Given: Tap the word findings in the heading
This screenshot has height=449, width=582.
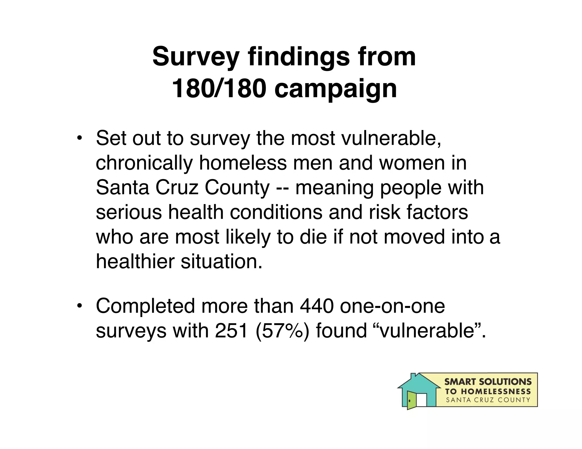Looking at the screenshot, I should [299, 57].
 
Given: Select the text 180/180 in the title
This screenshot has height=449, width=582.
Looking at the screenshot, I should [219, 89].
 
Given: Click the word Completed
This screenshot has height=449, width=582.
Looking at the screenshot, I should [145, 306].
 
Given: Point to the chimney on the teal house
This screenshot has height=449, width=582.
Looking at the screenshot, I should [413, 376].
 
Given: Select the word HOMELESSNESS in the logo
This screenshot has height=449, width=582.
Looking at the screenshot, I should [496, 392].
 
